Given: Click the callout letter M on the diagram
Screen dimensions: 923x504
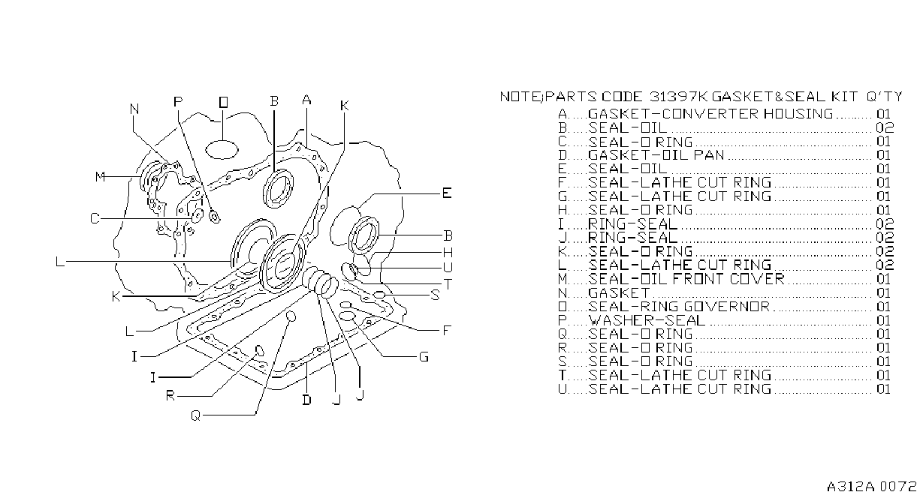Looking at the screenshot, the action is coord(100,177).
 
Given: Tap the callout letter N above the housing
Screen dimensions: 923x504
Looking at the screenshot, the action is coord(134,109).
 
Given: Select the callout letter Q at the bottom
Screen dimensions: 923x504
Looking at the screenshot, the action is coord(195,416).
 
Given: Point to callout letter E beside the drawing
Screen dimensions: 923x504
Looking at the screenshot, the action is coord(447,193).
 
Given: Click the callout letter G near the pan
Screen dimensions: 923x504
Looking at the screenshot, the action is coord(424,357).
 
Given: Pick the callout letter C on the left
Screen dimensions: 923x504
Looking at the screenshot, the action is coord(95,218).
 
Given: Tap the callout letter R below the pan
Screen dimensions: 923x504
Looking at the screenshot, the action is coord(170,396).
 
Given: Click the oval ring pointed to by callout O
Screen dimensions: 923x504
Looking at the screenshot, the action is coord(222,150).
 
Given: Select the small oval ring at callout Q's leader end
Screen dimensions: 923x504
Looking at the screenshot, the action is coord(291,316).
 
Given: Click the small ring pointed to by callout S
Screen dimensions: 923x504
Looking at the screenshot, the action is coord(379,295).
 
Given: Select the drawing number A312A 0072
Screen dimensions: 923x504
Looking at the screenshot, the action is coord(871,487).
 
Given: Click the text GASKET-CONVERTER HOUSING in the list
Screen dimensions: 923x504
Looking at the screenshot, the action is coord(710,113).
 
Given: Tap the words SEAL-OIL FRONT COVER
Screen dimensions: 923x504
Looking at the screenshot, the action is coord(686,279).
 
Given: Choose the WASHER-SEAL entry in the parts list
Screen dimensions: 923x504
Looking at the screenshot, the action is coord(647,320).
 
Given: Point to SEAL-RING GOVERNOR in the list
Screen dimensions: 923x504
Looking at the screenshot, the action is coord(679,307).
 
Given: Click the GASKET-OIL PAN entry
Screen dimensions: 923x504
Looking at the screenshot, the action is coord(656,155).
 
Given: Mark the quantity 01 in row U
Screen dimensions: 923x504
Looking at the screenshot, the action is coord(883,388).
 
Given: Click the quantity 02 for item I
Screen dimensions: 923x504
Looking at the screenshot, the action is coord(885,223).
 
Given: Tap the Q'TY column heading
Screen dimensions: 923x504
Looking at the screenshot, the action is coord(884,97).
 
